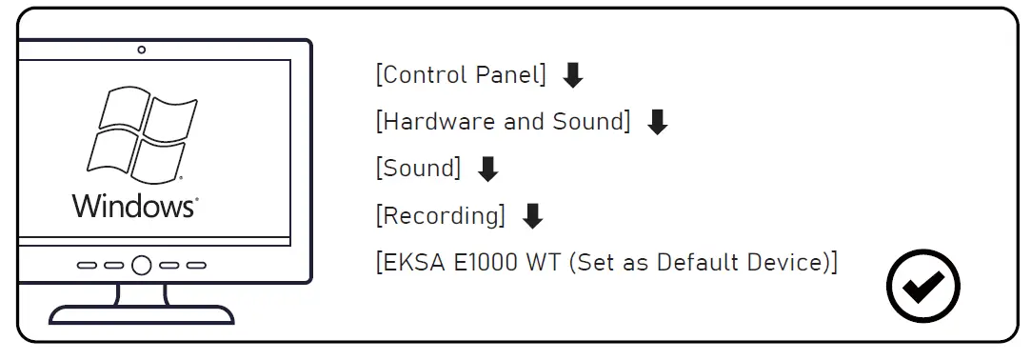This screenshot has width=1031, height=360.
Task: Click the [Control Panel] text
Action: pyautogui.click(x=461, y=76)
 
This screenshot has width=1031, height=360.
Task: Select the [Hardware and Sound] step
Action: pyautogui.click(x=504, y=122)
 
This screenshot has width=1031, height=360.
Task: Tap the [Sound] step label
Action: pyautogui.click(x=419, y=169)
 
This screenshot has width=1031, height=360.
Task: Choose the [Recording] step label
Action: pyautogui.click(x=441, y=215)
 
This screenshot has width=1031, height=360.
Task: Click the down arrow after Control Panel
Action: pyautogui.click(x=572, y=75)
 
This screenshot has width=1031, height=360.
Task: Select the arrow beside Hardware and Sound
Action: pyautogui.click(x=657, y=122)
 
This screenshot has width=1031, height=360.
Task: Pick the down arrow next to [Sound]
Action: pyautogui.click(x=487, y=169)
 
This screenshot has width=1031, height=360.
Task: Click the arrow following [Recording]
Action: pyautogui.click(x=533, y=215)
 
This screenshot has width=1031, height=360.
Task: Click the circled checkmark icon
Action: pyautogui.click(x=922, y=284)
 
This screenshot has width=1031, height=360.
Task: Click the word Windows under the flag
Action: pyautogui.click(x=133, y=205)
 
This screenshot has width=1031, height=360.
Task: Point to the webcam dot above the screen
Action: pyautogui.click(x=142, y=50)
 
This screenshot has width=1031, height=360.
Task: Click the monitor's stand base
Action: pyautogui.click(x=141, y=314)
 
